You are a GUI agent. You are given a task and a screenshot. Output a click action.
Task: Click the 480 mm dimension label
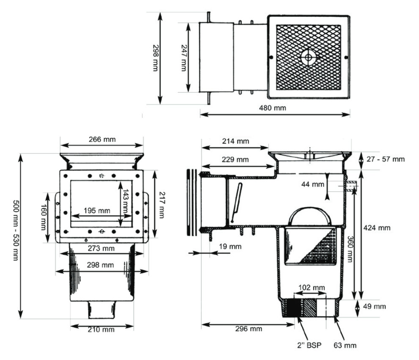(x=272, y=108)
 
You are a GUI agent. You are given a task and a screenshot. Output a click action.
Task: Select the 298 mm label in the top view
(x=156, y=58)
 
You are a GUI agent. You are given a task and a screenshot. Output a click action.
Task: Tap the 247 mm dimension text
(x=184, y=58)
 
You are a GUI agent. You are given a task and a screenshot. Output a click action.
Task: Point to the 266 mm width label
(x=102, y=139)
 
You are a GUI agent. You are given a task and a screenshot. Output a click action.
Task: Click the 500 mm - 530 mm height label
(x=16, y=230)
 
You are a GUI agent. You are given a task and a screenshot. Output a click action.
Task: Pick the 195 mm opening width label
(x=97, y=211)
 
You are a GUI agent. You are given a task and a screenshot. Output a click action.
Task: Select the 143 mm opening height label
(x=126, y=202)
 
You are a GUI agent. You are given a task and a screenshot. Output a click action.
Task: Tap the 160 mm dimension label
(x=44, y=217)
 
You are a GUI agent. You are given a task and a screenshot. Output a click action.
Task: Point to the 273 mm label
(x=101, y=248)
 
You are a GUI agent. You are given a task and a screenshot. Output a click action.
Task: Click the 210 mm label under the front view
(x=101, y=330)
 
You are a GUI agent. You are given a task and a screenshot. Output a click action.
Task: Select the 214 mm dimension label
(x=236, y=141)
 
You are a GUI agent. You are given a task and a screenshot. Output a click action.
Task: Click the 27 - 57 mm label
(x=386, y=159)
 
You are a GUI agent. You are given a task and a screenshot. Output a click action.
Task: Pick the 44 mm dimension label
(x=312, y=184)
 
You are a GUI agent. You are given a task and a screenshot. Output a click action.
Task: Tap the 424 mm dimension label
(x=377, y=228)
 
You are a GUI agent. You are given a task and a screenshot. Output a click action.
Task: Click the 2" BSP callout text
(x=309, y=345)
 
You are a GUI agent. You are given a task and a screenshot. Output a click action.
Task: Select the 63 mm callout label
(x=345, y=345)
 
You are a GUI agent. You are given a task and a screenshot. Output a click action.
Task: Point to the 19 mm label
(x=230, y=246)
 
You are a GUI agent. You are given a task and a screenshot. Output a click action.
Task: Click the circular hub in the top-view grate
(x=308, y=57)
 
